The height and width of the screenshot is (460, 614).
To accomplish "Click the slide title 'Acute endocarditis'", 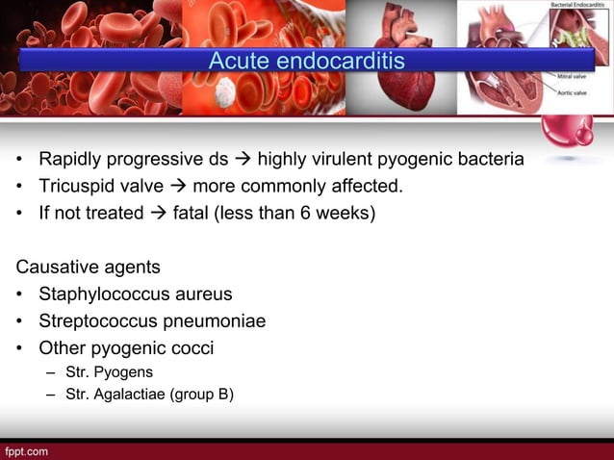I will [307, 62].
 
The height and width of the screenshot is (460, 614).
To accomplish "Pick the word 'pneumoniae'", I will [217, 320].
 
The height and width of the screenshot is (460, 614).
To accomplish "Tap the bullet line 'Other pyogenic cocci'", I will [125, 347].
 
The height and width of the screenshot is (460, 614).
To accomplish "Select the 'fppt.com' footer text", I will [26, 450].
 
